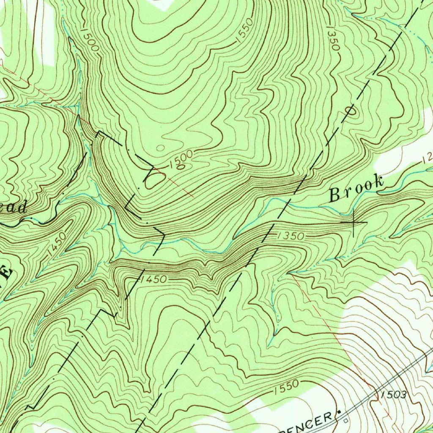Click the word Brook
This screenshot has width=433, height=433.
[356, 189]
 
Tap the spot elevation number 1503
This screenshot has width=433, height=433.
[393, 395]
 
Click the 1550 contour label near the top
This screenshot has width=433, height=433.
[244, 30]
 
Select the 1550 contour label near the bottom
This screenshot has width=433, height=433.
[286, 387]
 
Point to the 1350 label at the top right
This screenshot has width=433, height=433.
[332, 38]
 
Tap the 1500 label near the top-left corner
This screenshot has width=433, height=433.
[88, 41]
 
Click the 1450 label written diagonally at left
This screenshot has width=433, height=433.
[57, 244]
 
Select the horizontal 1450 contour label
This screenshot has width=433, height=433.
[154, 279]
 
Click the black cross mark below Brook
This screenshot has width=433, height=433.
[353, 222]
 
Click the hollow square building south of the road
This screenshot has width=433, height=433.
[346, 421]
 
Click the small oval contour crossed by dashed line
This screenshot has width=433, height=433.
[351, 111]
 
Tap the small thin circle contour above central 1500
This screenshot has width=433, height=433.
[160, 148]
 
